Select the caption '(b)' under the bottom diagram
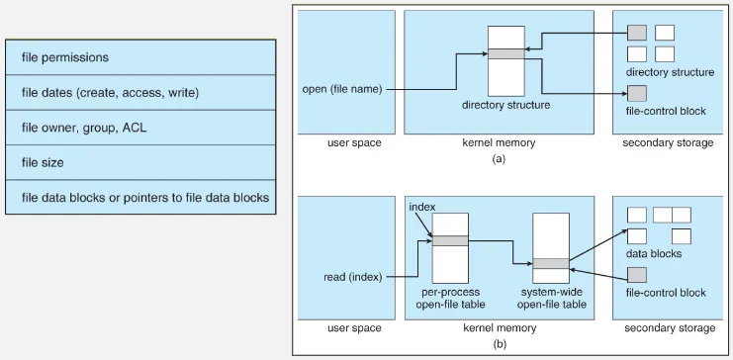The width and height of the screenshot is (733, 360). click(499, 344)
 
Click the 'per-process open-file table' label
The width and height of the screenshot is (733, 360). click(449, 298)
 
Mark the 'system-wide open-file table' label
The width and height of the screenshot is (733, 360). click(551, 298)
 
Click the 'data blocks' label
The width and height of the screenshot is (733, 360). click(654, 254)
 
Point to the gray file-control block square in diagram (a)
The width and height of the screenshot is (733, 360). click(637, 93)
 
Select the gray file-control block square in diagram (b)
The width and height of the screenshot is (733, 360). click(637, 273)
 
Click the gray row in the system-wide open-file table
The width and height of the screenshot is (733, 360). click(550, 263)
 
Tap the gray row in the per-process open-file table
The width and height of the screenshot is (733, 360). click(449, 240)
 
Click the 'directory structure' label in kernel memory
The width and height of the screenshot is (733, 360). click(505, 105)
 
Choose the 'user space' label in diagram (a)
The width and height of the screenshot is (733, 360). click(354, 143)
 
